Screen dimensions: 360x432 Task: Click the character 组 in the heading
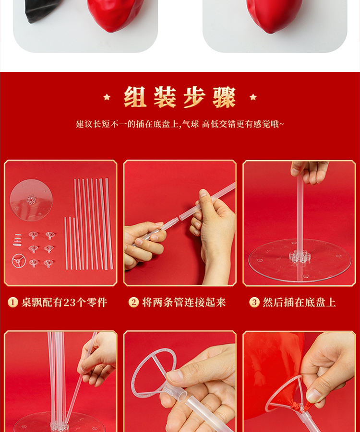pyautogui.click(x=135, y=97)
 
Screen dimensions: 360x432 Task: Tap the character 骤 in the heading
pyautogui.click(x=224, y=97)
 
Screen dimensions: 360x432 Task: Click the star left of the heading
pyautogui.click(x=107, y=97)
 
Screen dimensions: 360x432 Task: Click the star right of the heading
pyautogui.click(x=253, y=97)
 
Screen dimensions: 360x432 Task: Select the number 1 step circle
pyautogui.click(x=12, y=302)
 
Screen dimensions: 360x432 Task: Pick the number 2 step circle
pyautogui.click(x=133, y=302)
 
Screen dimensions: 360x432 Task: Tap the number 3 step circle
pyautogui.click(x=254, y=302)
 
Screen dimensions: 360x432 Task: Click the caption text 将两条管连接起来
pyautogui.click(x=184, y=303)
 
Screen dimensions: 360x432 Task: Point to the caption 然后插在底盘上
pyautogui.click(x=300, y=303)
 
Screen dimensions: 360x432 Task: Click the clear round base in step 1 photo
pyautogui.click(x=31, y=200)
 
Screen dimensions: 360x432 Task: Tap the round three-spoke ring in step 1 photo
pyautogui.click(x=19, y=261)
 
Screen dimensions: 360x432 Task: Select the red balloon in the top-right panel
pyautogui.click(x=274, y=14)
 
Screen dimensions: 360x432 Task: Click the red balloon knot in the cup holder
pyautogui.click(x=296, y=406)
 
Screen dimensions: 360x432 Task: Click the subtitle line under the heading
pyautogui.click(x=180, y=124)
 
